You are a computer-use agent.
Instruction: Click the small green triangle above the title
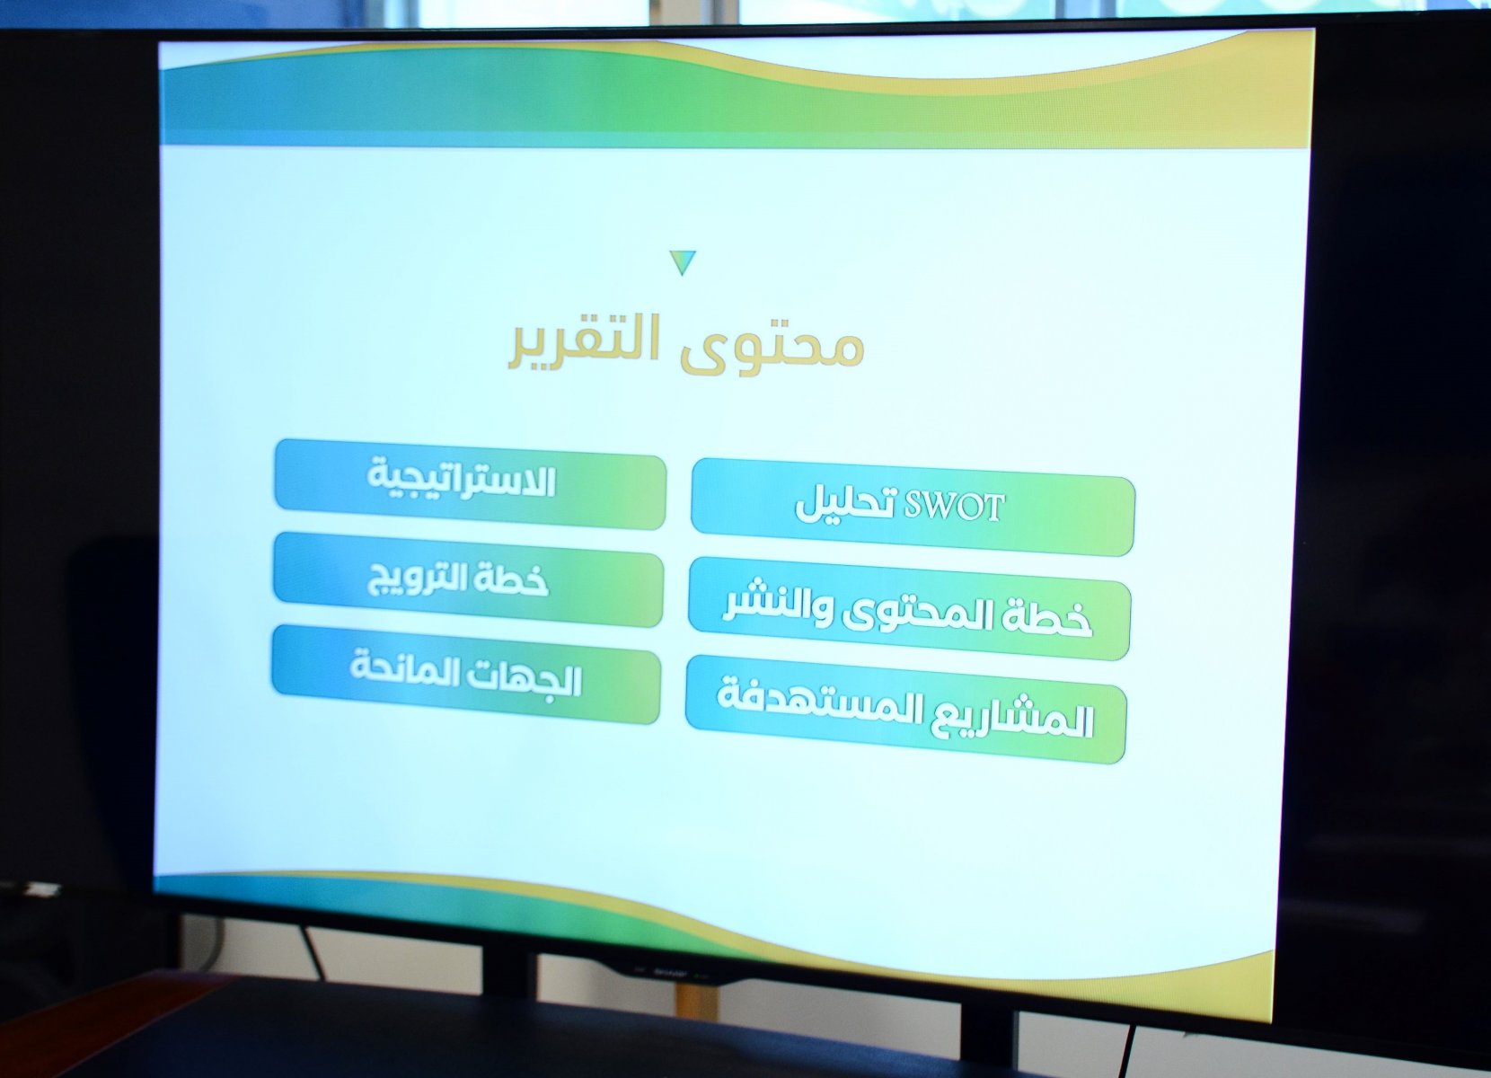[x=684, y=262]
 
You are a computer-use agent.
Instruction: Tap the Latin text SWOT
[x=953, y=508]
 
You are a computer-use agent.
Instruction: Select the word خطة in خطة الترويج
[x=514, y=580]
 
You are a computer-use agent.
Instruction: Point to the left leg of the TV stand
[x=510, y=966]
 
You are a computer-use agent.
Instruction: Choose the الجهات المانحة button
[x=466, y=674]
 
